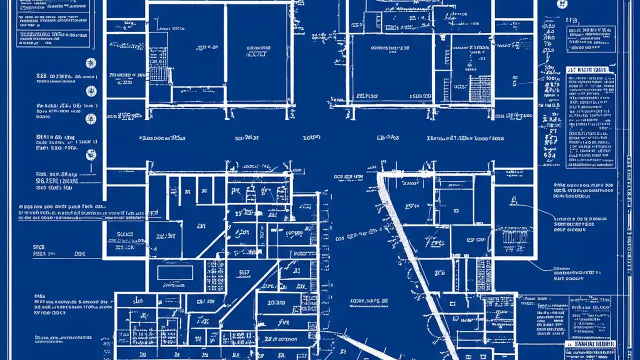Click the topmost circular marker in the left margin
tap(90, 63)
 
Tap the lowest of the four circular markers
tap(90, 155)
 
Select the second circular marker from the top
tap(90, 91)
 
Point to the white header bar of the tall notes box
tap(590, 70)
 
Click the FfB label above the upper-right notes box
tap(571, 20)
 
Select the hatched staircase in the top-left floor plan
tap(158, 64)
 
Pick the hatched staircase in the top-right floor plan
tap(479, 88)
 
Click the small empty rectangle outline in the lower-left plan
tap(175, 272)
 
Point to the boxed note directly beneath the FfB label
tap(590, 39)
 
